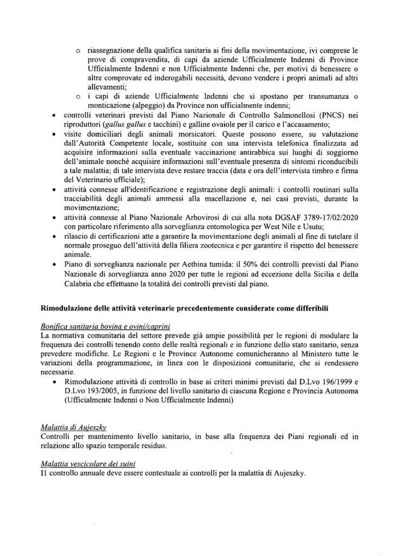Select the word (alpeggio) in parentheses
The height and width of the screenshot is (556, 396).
tap(124, 106)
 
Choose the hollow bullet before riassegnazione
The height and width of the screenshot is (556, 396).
tap(79, 52)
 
